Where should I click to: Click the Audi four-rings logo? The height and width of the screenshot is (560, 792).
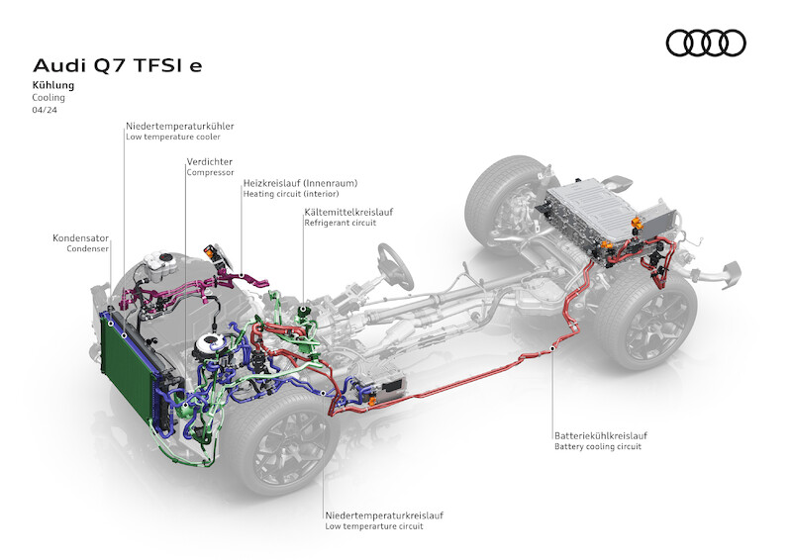(x=706, y=43)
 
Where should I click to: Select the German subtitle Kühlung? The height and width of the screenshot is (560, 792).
(x=51, y=86)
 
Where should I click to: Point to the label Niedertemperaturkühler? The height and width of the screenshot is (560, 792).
(x=179, y=127)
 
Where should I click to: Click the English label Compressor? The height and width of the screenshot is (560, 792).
(x=210, y=172)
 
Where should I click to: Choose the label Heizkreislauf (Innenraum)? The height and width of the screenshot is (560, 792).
(x=300, y=183)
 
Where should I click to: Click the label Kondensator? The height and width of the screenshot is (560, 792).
(x=81, y=238)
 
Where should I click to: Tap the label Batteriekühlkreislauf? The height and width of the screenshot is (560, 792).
(x=601, y=434)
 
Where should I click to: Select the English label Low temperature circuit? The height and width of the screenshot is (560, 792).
(x=374, y=526)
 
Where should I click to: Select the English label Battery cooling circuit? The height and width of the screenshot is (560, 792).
(x=598, y=447)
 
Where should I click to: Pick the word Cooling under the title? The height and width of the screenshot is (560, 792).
(x=49, y=98)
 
